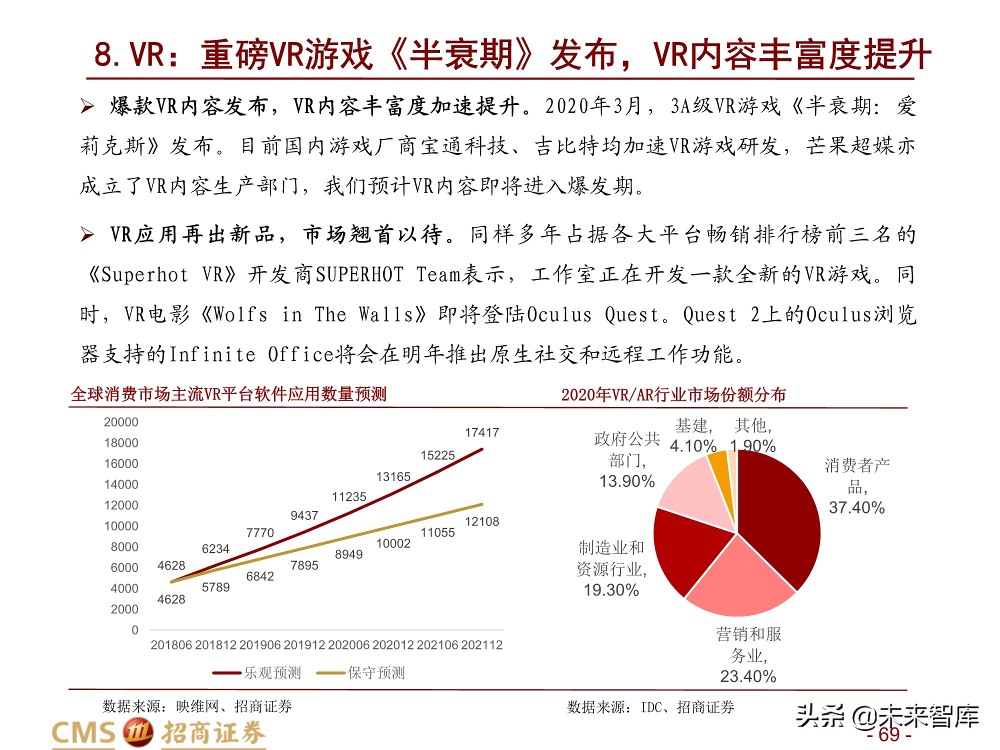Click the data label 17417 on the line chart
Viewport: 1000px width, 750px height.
pos(482,432)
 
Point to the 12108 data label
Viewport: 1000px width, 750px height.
pos(482,521)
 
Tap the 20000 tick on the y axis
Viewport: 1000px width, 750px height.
pos(121,422)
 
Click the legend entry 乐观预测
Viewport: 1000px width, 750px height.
pos(272,673)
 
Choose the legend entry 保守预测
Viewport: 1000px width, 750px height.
pos(376,673)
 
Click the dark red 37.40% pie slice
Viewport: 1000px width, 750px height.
pos(780,515)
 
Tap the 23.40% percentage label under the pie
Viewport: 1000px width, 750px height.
pos(748,676)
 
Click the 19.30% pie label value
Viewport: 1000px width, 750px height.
pos(611,590)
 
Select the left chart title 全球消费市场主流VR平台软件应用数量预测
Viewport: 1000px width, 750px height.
pos(228,394)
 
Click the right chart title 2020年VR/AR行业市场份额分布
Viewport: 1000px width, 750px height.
pos(673,394)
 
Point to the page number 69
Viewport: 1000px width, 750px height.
pos(889,735)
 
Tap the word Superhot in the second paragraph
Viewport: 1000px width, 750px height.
pos(145,274)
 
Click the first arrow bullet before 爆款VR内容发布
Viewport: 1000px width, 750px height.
pos(87,106)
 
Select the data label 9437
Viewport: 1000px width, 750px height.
pos(304,515)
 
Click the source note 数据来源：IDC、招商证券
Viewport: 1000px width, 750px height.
pos(650,707)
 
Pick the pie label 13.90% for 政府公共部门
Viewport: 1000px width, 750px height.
pos(627,481)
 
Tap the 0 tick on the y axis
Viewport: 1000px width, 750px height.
pos(135,630)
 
